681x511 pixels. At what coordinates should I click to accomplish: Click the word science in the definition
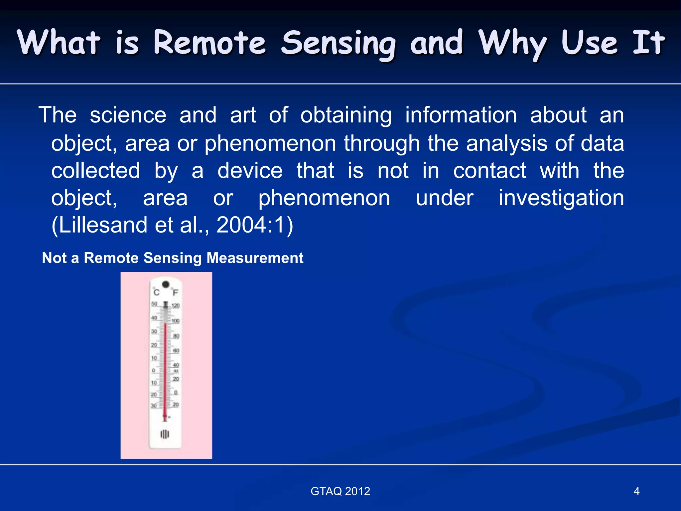(x=128, y=115)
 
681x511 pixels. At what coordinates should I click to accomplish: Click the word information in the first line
(x=461, y=115)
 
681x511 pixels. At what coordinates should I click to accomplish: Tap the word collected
(x=96, y=171)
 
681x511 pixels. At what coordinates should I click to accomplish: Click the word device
(x=250, y=171)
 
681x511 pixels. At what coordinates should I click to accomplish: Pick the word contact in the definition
(x=489, y=171)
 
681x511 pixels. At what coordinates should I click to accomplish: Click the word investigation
(x=561, y=199)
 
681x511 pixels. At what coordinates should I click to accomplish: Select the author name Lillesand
(x=103, y=225)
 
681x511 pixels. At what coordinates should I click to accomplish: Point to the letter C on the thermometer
(x=157, y=292)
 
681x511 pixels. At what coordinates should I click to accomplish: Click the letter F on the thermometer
(x=175, y=293)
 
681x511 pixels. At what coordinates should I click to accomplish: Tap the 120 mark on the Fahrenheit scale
(x=176, y=305)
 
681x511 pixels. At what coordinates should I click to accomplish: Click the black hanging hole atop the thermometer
(x=166, y=284)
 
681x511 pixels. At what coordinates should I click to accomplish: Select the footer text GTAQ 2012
(x=340, y=491)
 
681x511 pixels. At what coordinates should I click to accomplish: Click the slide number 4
(x=636, y=491)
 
